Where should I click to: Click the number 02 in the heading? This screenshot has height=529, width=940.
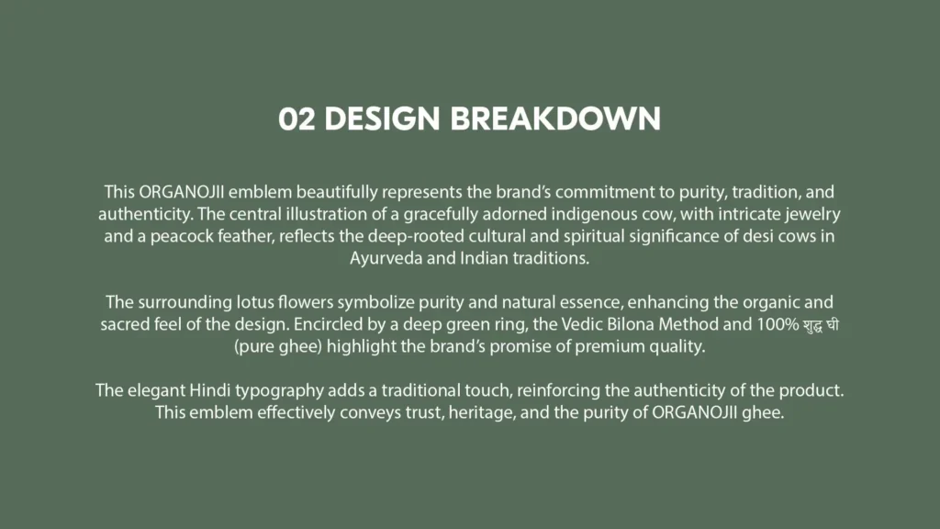coord(297,118)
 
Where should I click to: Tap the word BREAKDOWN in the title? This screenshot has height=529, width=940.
coord(555,118)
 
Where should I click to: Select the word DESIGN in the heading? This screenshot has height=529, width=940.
coord(383,118)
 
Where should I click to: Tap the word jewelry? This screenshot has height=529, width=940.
coord(812,215)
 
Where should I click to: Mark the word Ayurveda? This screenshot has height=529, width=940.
coord(386,258)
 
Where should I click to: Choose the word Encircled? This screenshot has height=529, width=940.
coord(328,324)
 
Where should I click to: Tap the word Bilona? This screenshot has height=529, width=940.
coord(631,324)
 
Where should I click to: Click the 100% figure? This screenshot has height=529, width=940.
coord(778,324)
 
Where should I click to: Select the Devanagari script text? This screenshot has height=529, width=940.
coord(821,325)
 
